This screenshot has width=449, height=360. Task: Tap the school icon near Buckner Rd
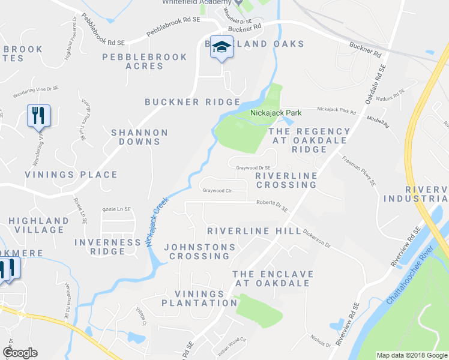pyautogui.click(x=221, y=48)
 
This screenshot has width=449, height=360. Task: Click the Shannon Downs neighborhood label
pyautogui.click(x=139, y=137)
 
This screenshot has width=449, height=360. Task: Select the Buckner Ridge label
pyautogui.click(x=193, y=103)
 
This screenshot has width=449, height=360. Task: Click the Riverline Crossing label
pyautogui.click(x=286, y=180)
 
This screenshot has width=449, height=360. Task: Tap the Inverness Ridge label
pyautogui.click(x=107, y=247)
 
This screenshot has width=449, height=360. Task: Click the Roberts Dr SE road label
pyautogui.click(x=272, y=206)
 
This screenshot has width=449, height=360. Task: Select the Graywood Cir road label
pyautogui.click(x=217, y=191)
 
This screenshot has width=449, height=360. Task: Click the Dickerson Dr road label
pyautogui.click(x=316, y=239)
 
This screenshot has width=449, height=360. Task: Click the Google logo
pyautogui.click(x=20, y=353)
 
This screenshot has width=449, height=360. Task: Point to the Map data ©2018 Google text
pyautogui.click(x=412, y=355)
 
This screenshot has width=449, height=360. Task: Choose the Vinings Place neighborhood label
pyautogui.click(x=71, y=175)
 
